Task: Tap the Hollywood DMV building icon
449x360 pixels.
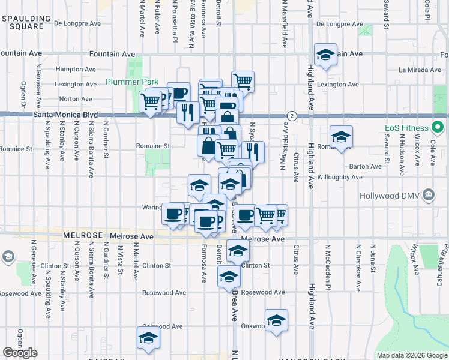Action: click(429, 195)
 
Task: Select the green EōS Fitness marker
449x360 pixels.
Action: click(438, 128)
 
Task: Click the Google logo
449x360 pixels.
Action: click(20, 353)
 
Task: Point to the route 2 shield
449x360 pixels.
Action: click(291, 115)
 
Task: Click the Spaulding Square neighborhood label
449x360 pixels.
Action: click(23, 23)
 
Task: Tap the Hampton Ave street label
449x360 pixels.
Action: click(76, 70)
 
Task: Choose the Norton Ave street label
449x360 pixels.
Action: click(76, 99)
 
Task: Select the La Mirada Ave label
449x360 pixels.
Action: click(420, 70)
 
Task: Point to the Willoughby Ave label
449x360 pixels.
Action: click(340, 178)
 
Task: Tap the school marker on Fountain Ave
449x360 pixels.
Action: click(325, 56)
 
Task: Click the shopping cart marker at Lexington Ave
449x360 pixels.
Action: click(243, 80)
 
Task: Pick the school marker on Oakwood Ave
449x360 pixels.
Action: click(276, 320)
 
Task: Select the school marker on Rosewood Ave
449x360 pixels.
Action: click(229, 277)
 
